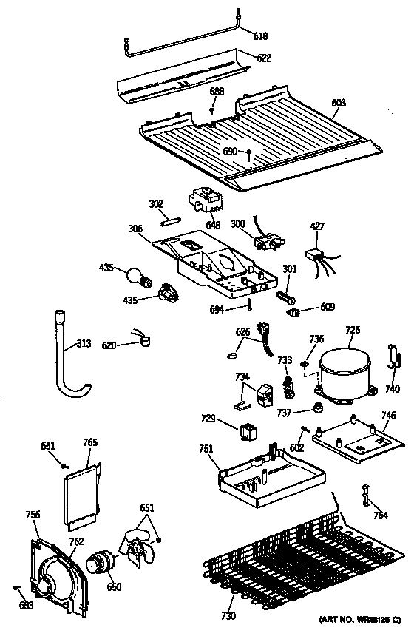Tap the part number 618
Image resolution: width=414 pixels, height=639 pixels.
tap(261, 35)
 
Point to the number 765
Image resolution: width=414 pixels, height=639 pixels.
tap(90, 443)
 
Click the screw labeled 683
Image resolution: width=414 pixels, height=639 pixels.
tap(24, 606)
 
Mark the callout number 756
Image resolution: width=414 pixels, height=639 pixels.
tap(33, 515)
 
